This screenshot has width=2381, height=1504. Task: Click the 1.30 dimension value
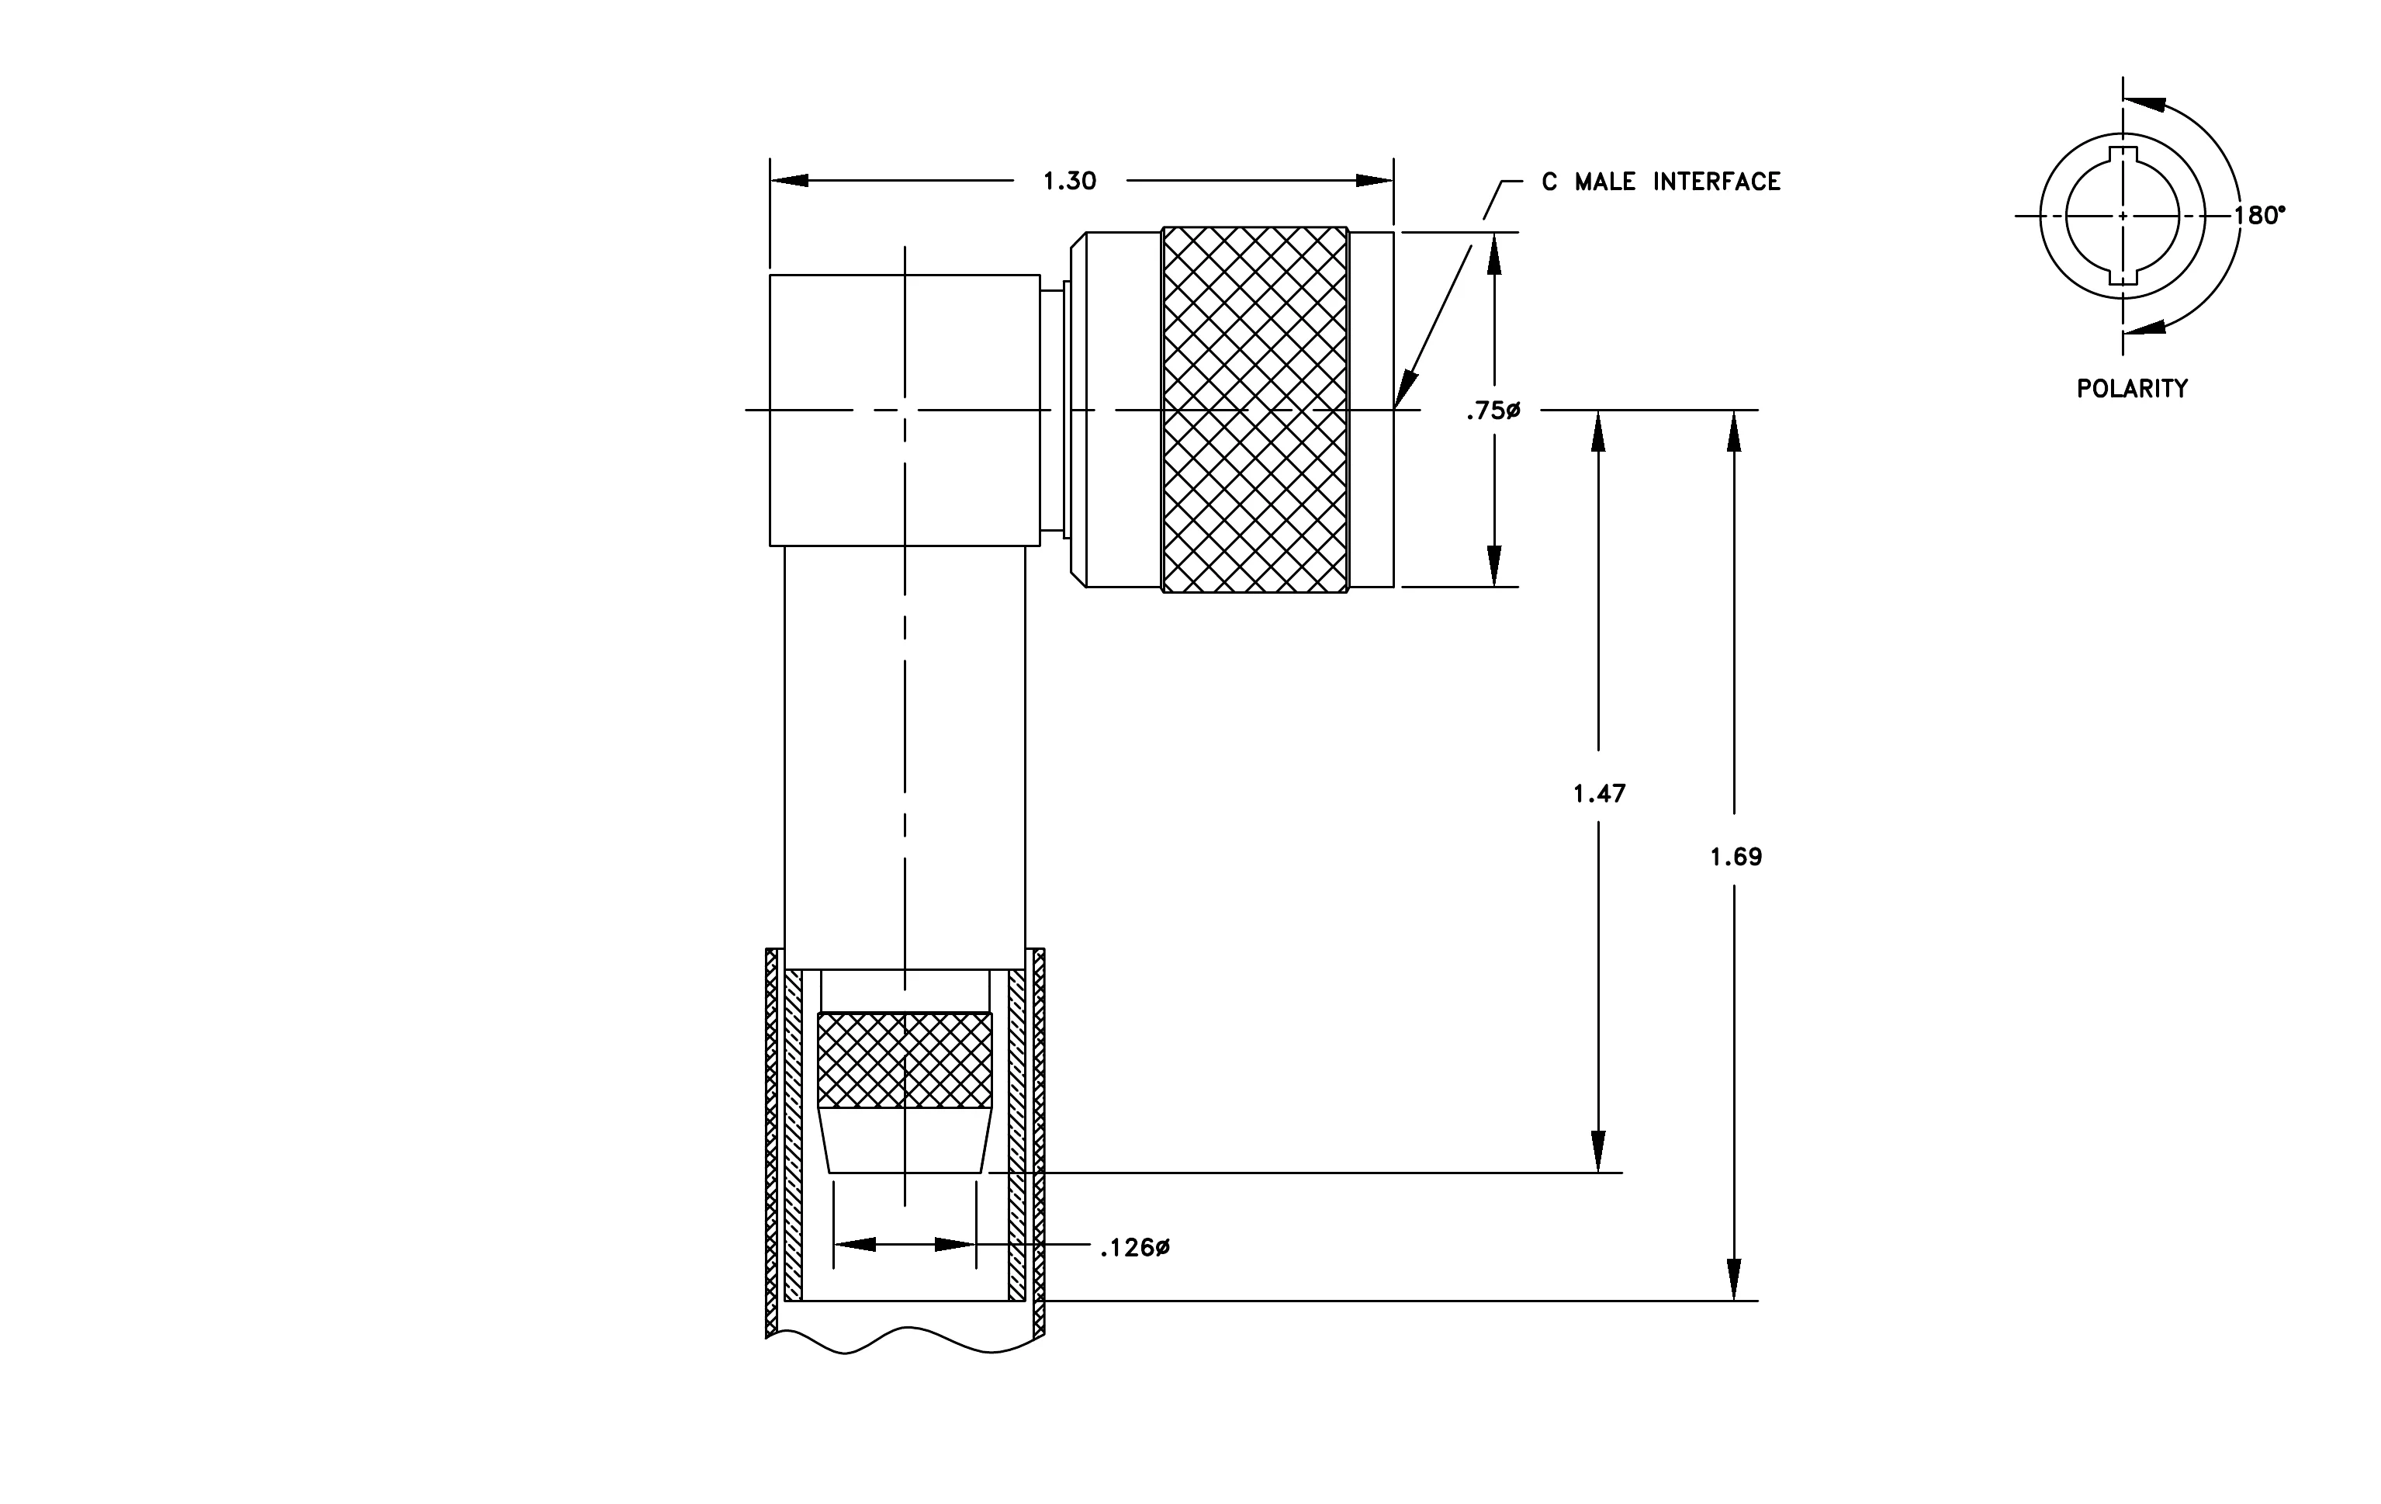click(1070, 181)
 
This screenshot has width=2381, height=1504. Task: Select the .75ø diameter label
click(1493, 411)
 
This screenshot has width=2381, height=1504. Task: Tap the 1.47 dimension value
click(1599, 793)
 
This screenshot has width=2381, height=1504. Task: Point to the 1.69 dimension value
click(1736, 858)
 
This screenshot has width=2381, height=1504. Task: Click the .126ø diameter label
click(1135, 1248)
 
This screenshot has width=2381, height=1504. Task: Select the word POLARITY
click(2132, 389)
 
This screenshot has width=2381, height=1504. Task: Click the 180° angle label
click(2259, 216)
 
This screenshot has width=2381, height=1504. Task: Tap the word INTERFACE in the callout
click(1717, 182)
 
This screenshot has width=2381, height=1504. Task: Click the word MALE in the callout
click(1605, 182)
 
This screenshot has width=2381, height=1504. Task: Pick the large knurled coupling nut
click(1255, 410)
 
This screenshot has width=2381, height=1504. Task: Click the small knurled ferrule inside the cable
click(905, 1059)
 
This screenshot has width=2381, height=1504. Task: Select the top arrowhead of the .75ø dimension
click(1494, 253)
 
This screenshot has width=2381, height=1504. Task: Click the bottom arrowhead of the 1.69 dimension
click(1733, 1280)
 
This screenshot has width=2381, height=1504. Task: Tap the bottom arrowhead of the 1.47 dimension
click(1598, 1152)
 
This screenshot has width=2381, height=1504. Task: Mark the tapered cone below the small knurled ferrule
click(905, 1140)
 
